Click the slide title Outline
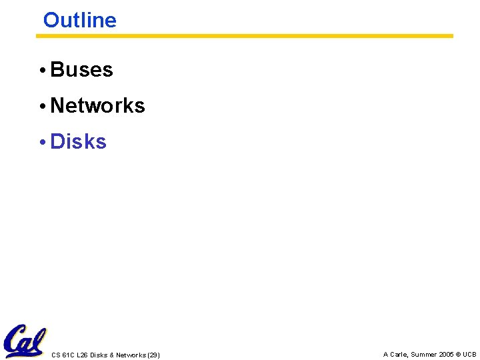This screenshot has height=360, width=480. (79, 20)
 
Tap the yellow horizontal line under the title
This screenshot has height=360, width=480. (244, 36)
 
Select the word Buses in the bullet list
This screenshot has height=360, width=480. (81, 69)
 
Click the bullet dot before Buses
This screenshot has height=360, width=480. (41, 70)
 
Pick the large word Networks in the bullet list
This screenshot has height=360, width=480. (97, 105)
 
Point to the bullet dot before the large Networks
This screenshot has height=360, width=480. (41, 106)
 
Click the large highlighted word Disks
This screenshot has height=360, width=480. (78, 141)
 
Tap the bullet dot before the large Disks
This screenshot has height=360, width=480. (41, 142)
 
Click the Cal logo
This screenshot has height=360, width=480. (25, 341)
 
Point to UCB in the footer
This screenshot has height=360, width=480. (470, 355)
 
